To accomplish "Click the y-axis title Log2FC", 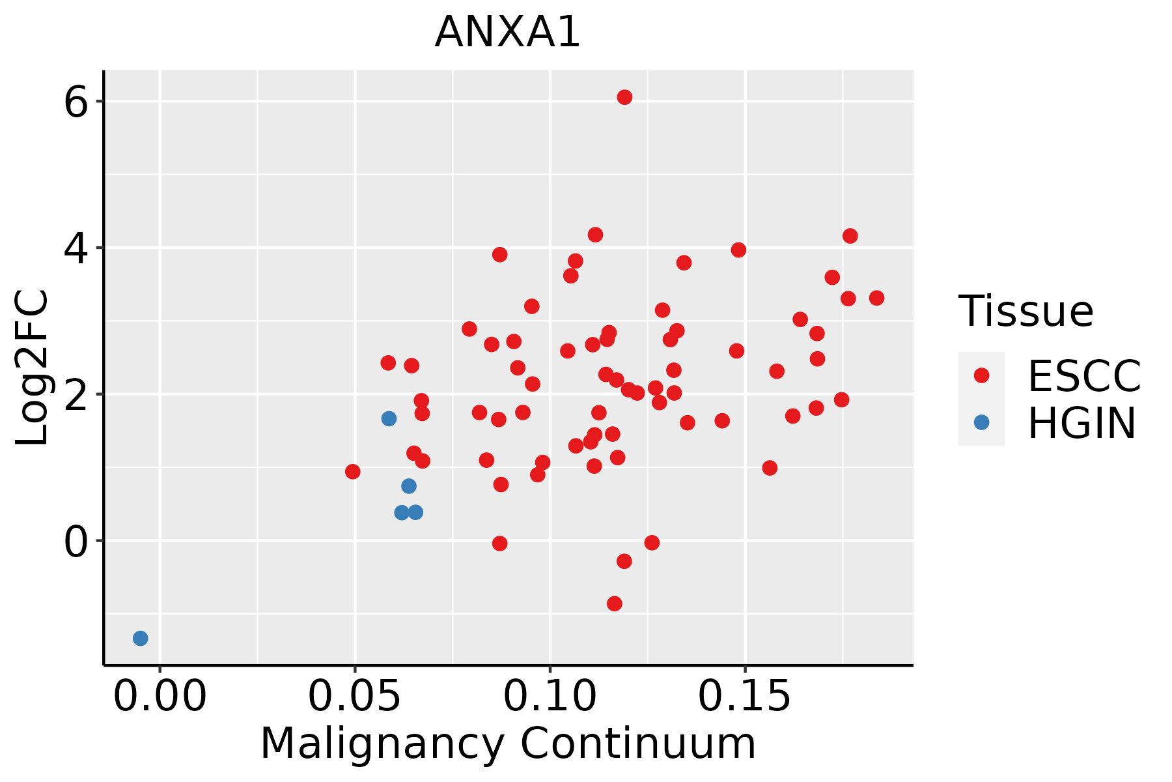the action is (33, 368).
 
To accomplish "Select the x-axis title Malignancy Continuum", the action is (508, 744).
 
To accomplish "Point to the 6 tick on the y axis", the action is (76, 102).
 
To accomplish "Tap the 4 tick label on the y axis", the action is (76, 248).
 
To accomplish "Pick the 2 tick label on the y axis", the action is (76, 395).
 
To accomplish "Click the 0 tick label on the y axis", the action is (76, 542).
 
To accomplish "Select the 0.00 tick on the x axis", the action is (160, 697).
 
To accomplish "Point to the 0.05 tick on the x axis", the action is (355, 697).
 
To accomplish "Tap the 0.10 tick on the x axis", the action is (550, 697).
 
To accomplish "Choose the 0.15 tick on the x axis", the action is (745, 697).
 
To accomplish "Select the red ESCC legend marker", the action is (981, 375).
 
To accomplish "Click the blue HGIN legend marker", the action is (981, 422).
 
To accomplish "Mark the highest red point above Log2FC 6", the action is (624, 97).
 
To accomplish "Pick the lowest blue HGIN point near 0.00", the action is (140, 638).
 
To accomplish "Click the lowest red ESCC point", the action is (614, 603).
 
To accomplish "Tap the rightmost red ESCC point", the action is (876, 298).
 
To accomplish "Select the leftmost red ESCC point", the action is (352, 471).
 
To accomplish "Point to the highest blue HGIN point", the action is (389, 418).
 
